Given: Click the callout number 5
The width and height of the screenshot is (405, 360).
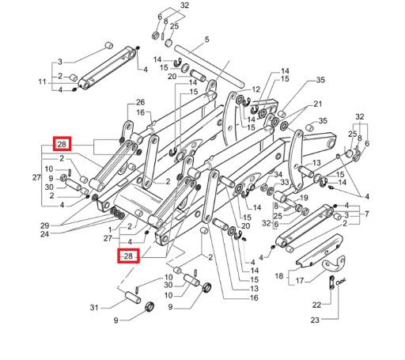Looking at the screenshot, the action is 206,40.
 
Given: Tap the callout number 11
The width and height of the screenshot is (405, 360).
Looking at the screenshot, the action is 42,81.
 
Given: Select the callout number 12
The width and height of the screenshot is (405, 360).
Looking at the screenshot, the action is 255,89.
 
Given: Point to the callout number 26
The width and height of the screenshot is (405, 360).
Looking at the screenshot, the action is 140,102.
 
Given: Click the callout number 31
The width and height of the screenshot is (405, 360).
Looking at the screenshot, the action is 94,308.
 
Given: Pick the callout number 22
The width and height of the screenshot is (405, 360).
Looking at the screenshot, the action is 316,305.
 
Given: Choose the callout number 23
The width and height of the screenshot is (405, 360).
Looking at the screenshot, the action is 315,320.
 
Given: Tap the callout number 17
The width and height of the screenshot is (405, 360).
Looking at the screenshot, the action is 300,281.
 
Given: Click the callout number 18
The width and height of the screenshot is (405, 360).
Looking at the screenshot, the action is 279,276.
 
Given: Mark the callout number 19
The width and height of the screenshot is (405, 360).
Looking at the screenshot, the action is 304,198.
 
